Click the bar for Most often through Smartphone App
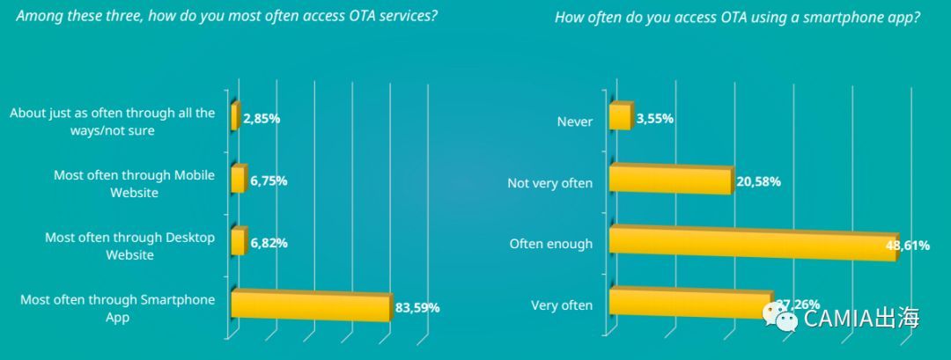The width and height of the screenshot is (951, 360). click(x=310, y=306)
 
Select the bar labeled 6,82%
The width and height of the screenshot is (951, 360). click(x=238, y=242)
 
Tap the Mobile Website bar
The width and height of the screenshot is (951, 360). click(x=238, y=180)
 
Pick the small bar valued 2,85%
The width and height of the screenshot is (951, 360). click(x=234, y=117)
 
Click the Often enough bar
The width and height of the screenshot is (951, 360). click(x=752, y=244)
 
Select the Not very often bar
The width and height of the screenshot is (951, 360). click(x=670, y=180)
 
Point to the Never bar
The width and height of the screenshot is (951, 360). click(x=620, y=117)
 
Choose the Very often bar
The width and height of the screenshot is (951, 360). click(x=689, y=303)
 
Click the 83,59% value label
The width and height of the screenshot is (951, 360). click(x=417, y=308)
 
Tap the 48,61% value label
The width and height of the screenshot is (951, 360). click(x=907, y=246)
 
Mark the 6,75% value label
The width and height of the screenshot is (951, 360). click(x=268, y=181)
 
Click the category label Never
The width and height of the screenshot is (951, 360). click(x=575, y=121)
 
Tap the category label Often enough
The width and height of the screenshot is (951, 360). click(x=551, y=244)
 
